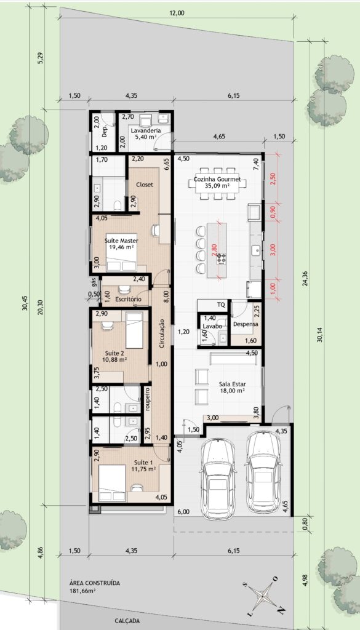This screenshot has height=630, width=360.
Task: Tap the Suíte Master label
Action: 121,241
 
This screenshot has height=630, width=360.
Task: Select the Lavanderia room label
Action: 146,130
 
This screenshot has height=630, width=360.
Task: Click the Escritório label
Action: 128,300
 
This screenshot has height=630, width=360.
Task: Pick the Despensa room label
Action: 246,324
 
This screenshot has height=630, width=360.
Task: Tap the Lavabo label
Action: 212,326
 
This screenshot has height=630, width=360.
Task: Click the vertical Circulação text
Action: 162,333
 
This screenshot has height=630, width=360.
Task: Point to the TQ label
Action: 221,305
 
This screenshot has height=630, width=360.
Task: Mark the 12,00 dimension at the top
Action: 177,13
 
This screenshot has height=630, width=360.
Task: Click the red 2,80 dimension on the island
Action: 214,250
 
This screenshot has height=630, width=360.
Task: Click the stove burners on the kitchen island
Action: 222,258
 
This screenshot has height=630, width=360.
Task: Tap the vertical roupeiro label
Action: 148,399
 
